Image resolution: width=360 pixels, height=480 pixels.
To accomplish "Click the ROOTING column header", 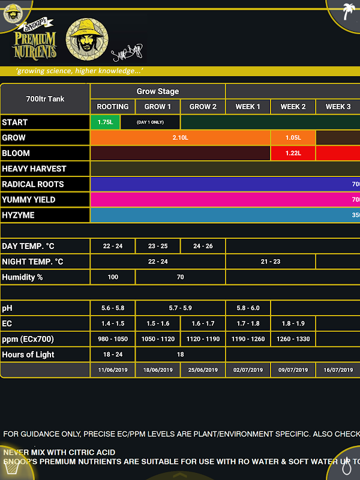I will click(x=113, y=107).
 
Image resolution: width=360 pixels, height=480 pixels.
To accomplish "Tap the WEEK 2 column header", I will click(x=293, y=107).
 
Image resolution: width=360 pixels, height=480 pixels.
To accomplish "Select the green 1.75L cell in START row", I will click(x=105, y=122).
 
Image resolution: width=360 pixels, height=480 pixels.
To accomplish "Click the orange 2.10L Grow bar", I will click(x=180, y=138).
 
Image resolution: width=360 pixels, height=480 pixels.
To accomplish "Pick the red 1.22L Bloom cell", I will click(x=293, y=154).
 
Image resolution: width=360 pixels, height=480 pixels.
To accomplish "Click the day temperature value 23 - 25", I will click(x=158, y=246).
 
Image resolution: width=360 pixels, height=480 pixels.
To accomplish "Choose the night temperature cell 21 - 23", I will click(x=270, y=262).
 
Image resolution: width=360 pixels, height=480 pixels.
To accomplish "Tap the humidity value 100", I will click(x=113, y=277).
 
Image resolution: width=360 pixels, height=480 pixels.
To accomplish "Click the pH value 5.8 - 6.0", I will click(x=248, y=308).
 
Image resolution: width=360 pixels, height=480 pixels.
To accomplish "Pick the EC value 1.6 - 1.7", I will click(x=203, y=323).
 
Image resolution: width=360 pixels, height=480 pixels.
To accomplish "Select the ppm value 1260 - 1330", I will click(x=293, y=339).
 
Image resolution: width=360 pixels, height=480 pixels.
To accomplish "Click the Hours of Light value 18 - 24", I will click(x=113, y=355).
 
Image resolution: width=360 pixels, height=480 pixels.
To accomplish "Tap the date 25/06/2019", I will click(x=203, y=370).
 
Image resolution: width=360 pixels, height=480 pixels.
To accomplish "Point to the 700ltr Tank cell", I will click(x=45, y=99).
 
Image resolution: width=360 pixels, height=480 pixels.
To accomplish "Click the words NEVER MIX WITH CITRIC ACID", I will click(x=59, y=452).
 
